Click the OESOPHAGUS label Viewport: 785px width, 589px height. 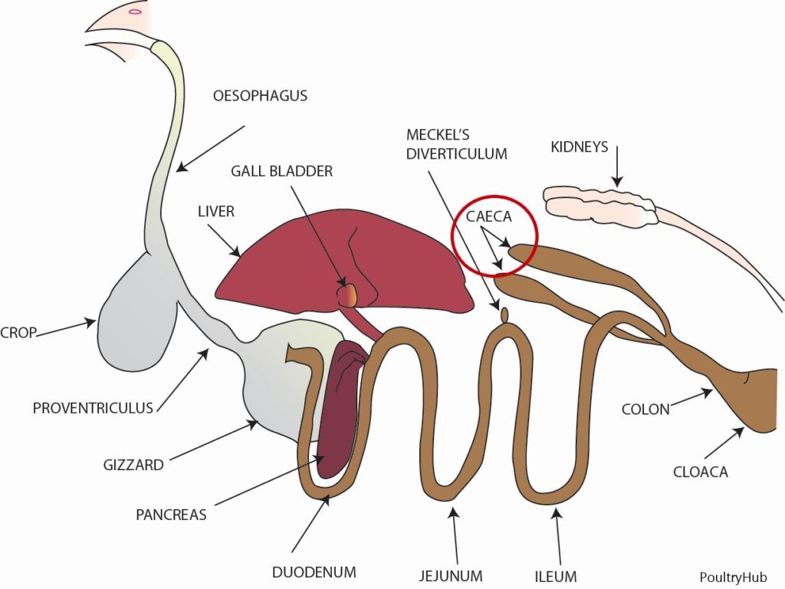click(261, 97)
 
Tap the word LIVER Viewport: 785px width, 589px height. click(215, 211)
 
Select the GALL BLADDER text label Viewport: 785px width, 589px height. click(282, 171)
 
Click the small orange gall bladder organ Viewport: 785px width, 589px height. click(349, 294)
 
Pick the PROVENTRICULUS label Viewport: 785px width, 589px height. click(93, 407)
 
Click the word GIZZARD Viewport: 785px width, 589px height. click(133, 465)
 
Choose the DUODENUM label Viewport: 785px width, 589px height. click(314, 572)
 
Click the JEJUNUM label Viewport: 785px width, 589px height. click(451, 575)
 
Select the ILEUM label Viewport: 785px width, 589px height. click(557, 575)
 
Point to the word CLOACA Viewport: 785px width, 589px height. click(701, 472)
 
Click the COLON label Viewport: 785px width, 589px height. click(645, 410)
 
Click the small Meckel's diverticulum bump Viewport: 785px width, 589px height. click(504, 314)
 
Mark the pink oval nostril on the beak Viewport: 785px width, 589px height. click(135, 11)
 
